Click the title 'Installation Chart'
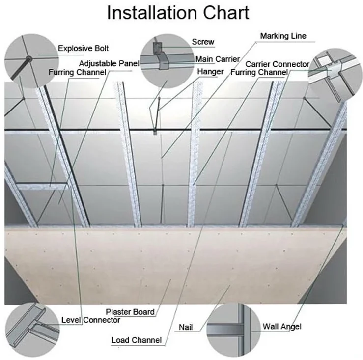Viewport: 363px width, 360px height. pyautogui.click(x=178, y=13)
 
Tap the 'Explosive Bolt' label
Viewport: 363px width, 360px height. pyautogui.click(x=84, y=48)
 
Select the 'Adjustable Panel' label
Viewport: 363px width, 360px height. pyautogui.click(x=109, y=63)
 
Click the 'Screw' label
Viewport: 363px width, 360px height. pyautogui.click(x=203, y=42)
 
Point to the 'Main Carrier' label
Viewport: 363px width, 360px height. pyautogui.click(x=218, y=59)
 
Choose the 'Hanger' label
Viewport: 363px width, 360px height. pyautogui.click(x=210, y=72)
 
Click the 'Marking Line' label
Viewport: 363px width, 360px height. pyautogui.click(x=283, y=36)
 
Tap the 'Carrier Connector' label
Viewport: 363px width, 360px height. pyautogui.click(x=278, y=64)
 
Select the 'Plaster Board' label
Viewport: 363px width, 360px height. pyautogui.click(x=130, y=311)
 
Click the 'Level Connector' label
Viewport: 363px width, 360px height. pyautogui.click(x=90, y=320)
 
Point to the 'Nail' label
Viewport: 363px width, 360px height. pyautogui.click(x=186, y=327)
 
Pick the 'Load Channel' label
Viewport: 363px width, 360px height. pyautogui.click(x=136, y=340)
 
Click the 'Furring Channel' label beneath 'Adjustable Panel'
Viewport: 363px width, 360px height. pyautogui.click(x=77, y=73)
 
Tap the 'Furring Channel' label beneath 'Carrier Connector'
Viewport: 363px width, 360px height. pyautogui.click(x=259, y=73)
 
